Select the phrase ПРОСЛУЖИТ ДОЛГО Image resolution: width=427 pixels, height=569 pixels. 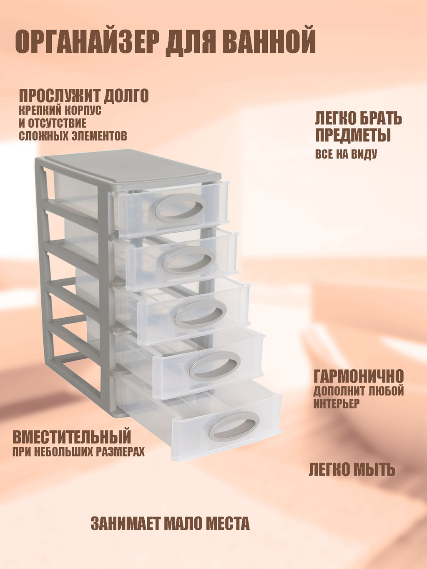[x=84, y=96]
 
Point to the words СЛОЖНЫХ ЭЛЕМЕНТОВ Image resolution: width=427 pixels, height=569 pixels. [x=73, y=135]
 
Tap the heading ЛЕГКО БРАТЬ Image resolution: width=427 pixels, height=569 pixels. [x=359, y=119]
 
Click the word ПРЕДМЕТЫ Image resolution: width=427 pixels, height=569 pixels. [x=353, y=135]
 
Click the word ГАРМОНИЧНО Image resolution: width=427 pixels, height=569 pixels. [x=359, y=376]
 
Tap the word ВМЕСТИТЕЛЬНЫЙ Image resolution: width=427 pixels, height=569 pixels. [x=72, y=437]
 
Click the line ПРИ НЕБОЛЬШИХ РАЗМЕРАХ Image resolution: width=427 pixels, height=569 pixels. [x=78, y=452]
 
